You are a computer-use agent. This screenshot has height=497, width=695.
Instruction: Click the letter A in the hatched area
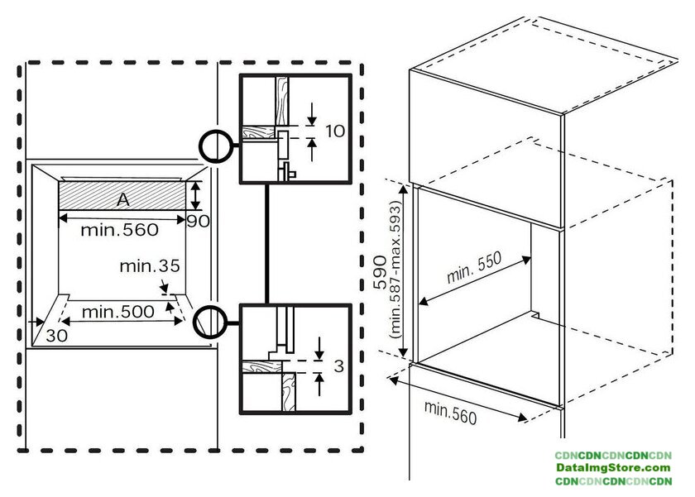pos(123,200)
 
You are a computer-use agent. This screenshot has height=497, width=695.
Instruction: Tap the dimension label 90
pos(198,221)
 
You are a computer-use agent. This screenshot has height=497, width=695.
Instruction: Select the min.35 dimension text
pos(150,265)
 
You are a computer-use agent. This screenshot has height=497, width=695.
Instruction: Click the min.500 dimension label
pos(117,312)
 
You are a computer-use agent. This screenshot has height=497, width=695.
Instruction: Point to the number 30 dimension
pos(57,336)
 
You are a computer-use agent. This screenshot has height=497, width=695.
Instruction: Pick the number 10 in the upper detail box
pos(335,131)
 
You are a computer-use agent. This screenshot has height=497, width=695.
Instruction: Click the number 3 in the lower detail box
pos(338,366)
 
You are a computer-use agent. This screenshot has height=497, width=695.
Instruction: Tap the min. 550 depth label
pos(474,267)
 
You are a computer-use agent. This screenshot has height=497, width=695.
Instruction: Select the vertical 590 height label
pos(380,272)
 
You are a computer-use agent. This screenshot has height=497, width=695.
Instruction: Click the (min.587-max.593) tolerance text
pos(395,270)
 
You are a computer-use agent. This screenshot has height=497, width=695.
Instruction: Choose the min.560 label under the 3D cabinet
pos(450,413)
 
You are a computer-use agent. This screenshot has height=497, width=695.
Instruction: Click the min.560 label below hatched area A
pos(119,230)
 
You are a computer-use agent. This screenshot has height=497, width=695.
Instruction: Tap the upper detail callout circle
pos(216,146)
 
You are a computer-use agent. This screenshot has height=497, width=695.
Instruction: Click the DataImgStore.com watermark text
pos(613,468)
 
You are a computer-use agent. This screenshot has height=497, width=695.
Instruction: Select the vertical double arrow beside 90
pos(195,195)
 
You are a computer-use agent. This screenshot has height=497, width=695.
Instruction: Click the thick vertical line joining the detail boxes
pos(266,244)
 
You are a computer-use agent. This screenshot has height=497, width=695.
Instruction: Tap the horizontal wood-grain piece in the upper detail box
pos(258,132)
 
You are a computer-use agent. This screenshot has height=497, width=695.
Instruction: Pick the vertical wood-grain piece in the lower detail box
pos(289,391)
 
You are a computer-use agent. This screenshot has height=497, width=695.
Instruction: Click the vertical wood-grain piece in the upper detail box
pos(282,101)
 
